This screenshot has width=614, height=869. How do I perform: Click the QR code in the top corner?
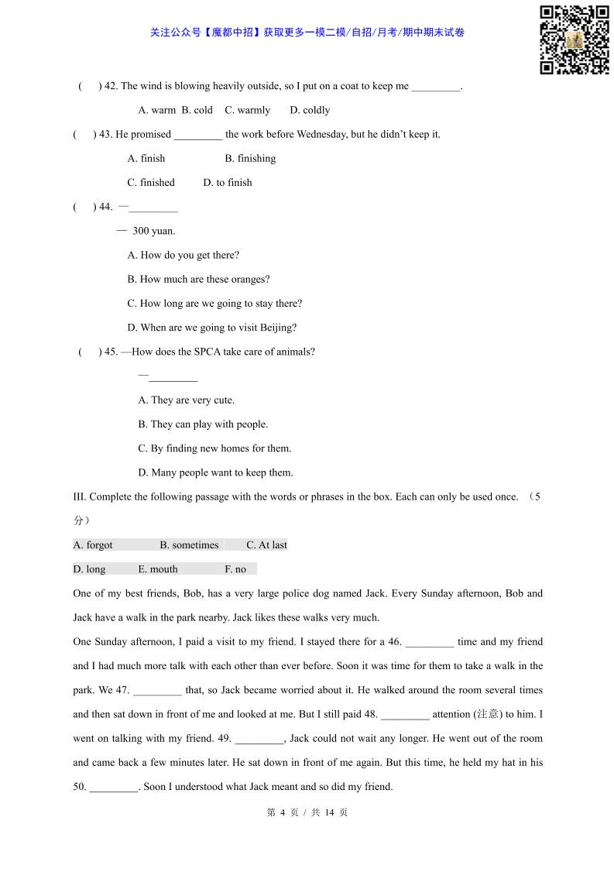(574, 39)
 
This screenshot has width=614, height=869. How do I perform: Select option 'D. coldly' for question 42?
(310, 110)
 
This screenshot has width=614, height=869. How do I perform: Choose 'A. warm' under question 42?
(157, 110)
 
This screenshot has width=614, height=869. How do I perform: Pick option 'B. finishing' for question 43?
(250, 158)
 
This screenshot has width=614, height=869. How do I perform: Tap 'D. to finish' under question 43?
(228, 183)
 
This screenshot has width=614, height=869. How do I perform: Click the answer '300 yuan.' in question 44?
(153, 231)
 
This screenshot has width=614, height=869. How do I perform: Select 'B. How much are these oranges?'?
(198, 280)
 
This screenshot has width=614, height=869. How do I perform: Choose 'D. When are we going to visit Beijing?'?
(211, 328)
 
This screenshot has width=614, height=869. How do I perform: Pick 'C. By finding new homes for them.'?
(214, 448)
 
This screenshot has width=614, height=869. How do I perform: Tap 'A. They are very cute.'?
(186, 400)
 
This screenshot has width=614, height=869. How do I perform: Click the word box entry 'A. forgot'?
(93, 545)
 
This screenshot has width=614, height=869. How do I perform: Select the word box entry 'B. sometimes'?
(189, 545)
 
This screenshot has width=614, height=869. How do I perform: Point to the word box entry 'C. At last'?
(266, 545)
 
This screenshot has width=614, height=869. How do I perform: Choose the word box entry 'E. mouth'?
(158, 569)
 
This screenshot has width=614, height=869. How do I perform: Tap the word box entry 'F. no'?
(235, 569)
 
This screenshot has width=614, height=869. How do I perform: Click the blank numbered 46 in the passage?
(430, 643)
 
